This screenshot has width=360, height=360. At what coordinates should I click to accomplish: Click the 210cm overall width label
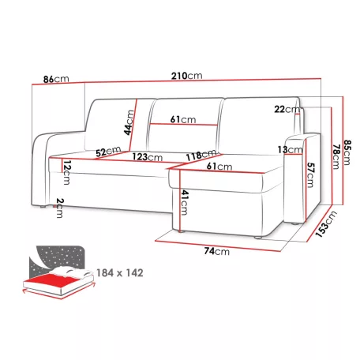187,76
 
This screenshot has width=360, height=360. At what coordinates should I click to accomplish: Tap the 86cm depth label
56,79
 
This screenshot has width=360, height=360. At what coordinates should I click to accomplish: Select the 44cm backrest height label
129,122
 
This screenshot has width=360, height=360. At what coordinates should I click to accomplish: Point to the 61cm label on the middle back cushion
183,119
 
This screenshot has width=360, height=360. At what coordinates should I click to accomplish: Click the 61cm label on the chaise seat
219,167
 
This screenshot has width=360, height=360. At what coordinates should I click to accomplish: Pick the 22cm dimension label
287,109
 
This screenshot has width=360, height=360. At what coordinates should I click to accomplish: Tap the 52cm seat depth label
108,152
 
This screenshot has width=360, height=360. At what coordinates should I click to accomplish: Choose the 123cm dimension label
148,157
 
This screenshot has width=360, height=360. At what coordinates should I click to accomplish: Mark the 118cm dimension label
201,155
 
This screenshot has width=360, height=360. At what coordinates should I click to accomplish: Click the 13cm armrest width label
291,150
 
